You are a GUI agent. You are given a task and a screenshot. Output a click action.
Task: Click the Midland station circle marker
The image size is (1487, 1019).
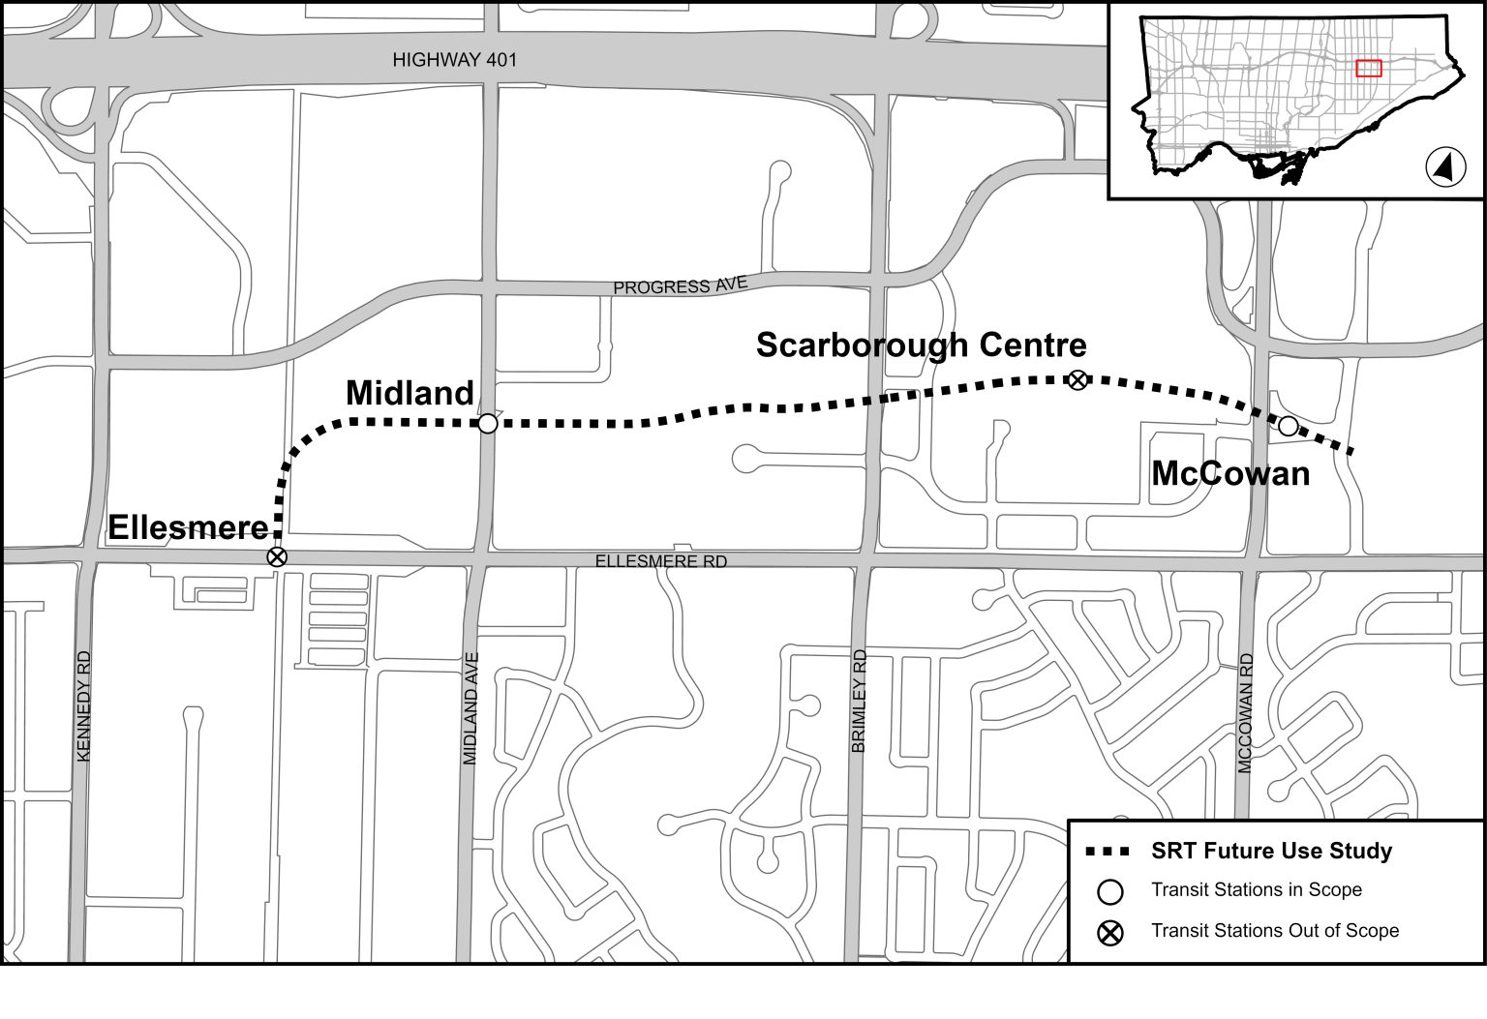click(x=488, y=423)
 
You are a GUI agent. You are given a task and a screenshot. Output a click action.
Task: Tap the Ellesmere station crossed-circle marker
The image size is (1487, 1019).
click(x=277, y=556)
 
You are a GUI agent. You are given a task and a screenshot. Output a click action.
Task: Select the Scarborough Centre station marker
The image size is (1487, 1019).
click(x=1077, y=380)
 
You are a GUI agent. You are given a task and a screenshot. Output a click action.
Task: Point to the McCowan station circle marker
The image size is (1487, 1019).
click(x=1288, y=426)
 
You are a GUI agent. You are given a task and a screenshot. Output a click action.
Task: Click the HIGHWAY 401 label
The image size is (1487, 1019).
click(x=455, y=60)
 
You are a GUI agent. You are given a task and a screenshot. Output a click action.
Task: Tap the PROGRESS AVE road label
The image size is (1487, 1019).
click(x=681, y=286)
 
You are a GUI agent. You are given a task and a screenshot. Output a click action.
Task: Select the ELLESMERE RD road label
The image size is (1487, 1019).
click(x=661, y=561)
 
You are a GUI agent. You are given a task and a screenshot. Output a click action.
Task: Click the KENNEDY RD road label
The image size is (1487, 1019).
click(x=83, y=705)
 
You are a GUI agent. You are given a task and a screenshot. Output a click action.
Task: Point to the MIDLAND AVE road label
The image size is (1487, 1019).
click(x=471, y=708)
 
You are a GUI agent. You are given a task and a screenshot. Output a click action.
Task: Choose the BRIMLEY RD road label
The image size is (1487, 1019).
click(x=859, y=702)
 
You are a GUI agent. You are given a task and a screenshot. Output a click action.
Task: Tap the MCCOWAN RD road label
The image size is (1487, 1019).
click(x=1246, y=713)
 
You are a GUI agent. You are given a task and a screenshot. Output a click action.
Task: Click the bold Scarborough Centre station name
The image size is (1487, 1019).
click(x=921, y=345)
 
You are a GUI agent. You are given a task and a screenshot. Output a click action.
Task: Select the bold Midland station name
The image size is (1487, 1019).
click(x=410, y=393)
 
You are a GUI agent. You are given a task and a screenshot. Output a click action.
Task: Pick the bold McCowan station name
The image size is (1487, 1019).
click(x=1229, y=473)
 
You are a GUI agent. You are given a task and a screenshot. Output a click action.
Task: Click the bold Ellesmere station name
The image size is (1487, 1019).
click(x=188, y=527)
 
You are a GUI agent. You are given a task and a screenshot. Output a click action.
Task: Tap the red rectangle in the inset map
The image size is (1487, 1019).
click(x=1368, y=68)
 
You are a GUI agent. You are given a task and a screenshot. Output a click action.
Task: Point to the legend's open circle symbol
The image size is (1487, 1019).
click(x=1109, y=891)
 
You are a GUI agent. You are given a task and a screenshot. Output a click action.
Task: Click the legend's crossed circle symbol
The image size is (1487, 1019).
click(x=1109, y=932)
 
